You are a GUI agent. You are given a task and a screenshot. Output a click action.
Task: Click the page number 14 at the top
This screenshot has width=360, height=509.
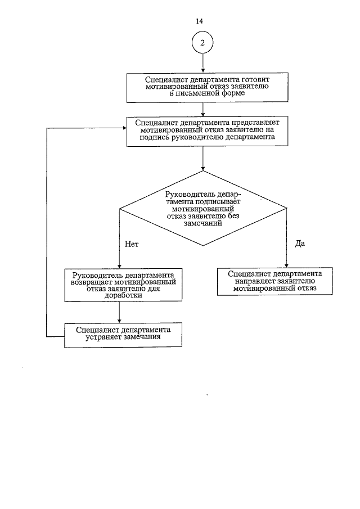click(199, 21)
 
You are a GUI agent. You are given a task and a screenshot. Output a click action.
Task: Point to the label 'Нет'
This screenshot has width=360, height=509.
click(130, 245)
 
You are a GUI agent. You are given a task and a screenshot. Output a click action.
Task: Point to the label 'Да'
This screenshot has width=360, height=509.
click(299, 244)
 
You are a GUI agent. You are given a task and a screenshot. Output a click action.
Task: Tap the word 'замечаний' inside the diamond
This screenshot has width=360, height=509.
click(202, 223)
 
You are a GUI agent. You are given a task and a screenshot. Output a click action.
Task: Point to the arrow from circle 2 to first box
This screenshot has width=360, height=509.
click(202, 64)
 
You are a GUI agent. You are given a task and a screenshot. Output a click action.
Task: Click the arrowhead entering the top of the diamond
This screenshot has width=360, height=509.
click(202, 167)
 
